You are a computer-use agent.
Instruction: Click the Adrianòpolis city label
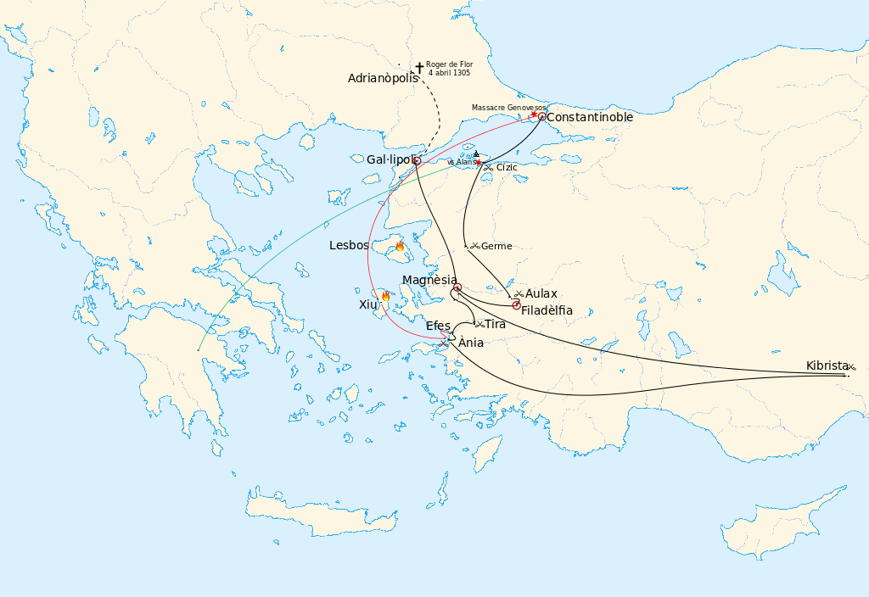coord(383,78)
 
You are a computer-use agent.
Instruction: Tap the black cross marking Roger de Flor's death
coord(418,67)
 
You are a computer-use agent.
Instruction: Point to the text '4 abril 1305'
coord(450,73)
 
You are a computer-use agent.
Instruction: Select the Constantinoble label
coord(590,118)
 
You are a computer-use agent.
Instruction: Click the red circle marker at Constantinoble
coord(542,117)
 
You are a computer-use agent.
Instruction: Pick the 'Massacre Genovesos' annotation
coord(508,108)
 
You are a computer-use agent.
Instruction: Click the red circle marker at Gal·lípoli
coord(417,160)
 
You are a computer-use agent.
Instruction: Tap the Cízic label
coord(507,168)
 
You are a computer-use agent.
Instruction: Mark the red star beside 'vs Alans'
coord(479,162)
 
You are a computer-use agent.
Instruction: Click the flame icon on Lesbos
coord(400,247)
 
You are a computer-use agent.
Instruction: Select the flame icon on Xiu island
coord(385,297)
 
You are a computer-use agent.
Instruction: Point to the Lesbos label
coord(349,246)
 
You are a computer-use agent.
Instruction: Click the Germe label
coord(496,247)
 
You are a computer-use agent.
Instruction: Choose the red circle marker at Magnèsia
coord(457,288)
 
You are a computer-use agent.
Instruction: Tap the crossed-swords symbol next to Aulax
coord(519,293)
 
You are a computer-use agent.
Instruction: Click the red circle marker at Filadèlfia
coord(516,305)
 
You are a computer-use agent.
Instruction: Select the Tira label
coord(495,325)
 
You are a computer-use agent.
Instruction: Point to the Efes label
coord(438,326)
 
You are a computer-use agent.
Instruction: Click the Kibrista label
coord(827,366)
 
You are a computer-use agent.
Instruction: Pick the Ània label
coord(471,343)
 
